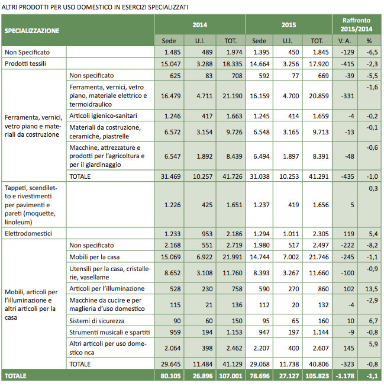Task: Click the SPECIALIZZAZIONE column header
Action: pyautogui.click(x=33, y=30)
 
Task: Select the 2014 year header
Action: pyautogui.click(x=199, y=25)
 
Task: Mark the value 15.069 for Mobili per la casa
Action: pyautogui.click(x=168, y=256)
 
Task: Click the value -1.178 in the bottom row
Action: pyautogui.click(x=343, y=375)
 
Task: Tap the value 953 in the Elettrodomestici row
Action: pyautogui.click(x=199, y=234)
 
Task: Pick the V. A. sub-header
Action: pyautogui.click(x=343, y=41)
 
